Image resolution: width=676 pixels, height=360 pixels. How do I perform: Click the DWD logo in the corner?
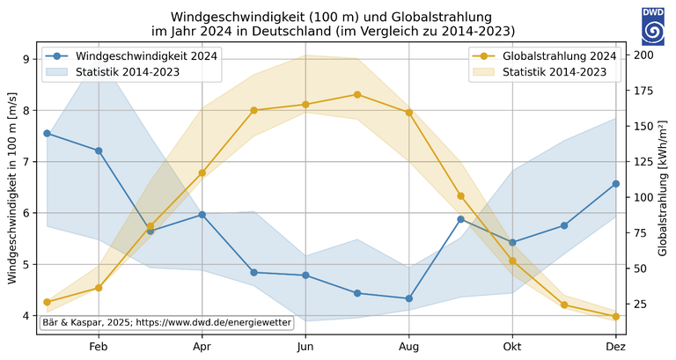653,26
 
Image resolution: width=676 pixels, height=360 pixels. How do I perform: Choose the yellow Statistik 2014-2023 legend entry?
555,71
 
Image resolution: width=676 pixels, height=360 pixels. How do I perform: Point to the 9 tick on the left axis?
26,59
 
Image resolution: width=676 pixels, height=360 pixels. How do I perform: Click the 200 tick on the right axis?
643,55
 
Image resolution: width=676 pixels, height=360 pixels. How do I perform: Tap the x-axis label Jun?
305,348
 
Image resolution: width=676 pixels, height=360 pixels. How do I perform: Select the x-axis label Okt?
511,348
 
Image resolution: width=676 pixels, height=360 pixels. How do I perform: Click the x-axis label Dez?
615,348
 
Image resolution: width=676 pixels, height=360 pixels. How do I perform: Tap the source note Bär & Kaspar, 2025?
166,323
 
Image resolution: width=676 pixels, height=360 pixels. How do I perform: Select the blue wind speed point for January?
47,134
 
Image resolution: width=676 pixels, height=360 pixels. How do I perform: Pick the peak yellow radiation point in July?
357,94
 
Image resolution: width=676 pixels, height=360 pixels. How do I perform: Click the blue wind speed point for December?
615,184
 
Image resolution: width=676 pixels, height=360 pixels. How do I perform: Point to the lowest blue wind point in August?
408,298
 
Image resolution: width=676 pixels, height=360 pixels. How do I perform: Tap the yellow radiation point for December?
615,316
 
